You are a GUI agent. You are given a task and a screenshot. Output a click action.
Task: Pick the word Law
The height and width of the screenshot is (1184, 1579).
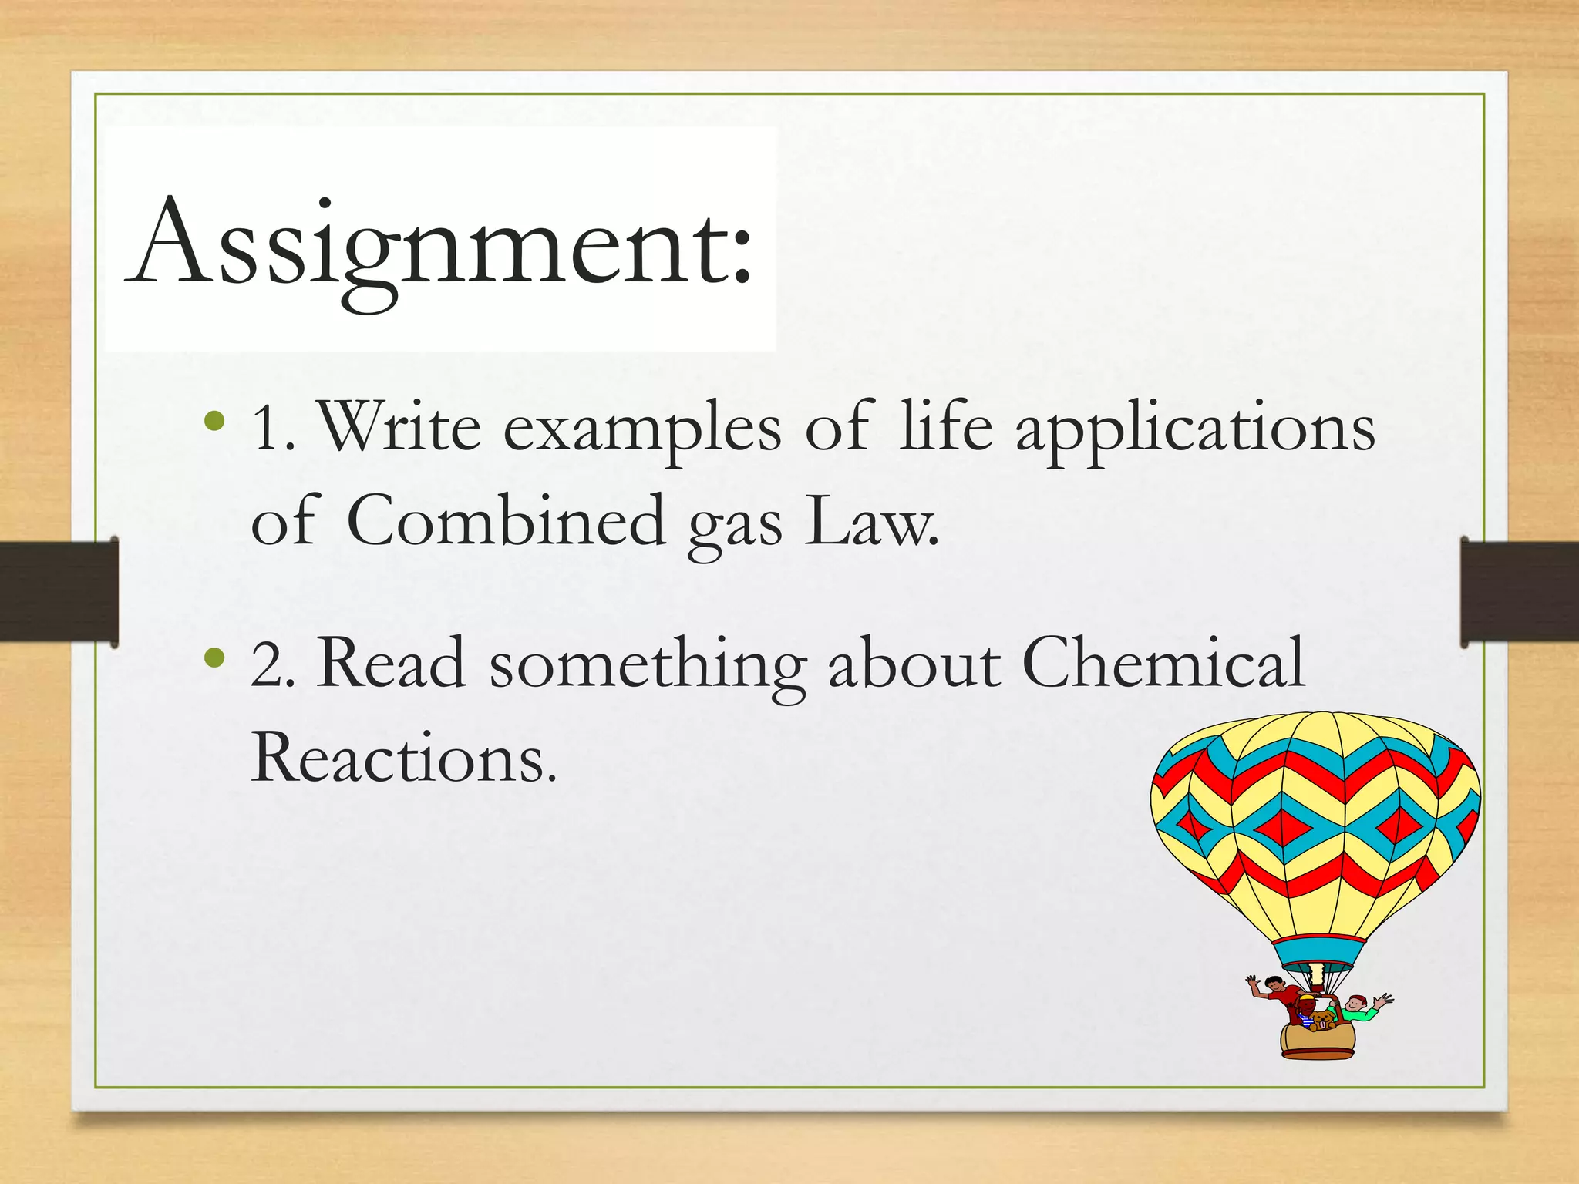pos(871,522)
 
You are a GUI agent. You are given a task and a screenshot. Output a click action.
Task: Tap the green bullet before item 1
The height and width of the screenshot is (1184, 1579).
pos(215,421)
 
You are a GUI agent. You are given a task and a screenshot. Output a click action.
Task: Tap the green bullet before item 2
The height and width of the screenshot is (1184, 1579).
pos(215,658)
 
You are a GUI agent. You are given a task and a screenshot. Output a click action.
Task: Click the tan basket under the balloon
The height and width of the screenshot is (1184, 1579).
pos(1318,1042)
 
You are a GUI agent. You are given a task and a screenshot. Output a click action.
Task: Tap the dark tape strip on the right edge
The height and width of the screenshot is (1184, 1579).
pos(1519,591)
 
